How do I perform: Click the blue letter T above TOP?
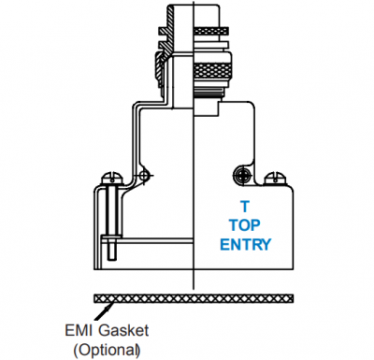click(x=245, y=207)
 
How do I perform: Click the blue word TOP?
click(x=245, y=225)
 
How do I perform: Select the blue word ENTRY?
click(x=246, y=244)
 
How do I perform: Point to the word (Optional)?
click(x=107, y=350)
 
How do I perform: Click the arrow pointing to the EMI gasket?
click(x=103, y=311)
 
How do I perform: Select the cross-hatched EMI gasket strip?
click(x=194, y=298)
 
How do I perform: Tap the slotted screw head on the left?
click(x=111, y=180)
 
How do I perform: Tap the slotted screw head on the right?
click(x=275, y=179)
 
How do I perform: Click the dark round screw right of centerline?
click(x=242, y=175)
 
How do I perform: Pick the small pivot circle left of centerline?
click(x=144, y=175)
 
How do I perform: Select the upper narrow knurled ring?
click(x=211, y=31)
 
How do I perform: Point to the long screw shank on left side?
click(x=111, y=211)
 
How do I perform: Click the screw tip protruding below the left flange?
click(x=111, y=251)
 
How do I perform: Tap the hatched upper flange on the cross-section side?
click(x=165, y=31)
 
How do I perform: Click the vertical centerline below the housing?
click(x=194, y=280)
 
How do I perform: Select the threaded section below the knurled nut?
click(x=209, y=92)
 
